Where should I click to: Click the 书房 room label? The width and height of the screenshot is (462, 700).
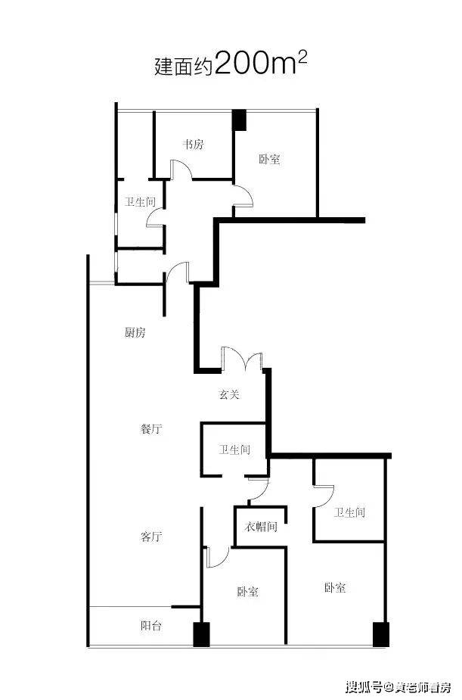(x=193, y=145)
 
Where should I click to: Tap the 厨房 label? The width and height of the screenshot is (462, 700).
(x=135, y=333)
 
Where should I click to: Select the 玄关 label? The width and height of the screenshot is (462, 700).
(x=230, y=394)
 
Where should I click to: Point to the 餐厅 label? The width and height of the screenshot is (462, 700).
(x=151, y=429)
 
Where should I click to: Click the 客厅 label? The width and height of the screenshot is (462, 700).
(x=151, y=537)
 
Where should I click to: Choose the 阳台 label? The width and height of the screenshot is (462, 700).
(x=151, y=627)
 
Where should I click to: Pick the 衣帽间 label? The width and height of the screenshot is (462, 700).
(x=259, y=527)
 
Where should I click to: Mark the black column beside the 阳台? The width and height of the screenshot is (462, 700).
(x=200, y=634)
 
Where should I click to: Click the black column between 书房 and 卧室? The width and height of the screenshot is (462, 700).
(x=239, y=119)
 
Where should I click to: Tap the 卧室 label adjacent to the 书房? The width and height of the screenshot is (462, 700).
(x=269, y=160)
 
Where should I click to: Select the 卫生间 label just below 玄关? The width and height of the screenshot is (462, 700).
(x=234, y=450)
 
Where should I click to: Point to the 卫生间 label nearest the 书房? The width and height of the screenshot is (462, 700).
(x=141, y=202)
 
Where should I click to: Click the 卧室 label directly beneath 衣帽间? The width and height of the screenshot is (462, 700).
(x=247, y=592)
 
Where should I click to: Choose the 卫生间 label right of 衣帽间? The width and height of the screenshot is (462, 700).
(x=349, y=512)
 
